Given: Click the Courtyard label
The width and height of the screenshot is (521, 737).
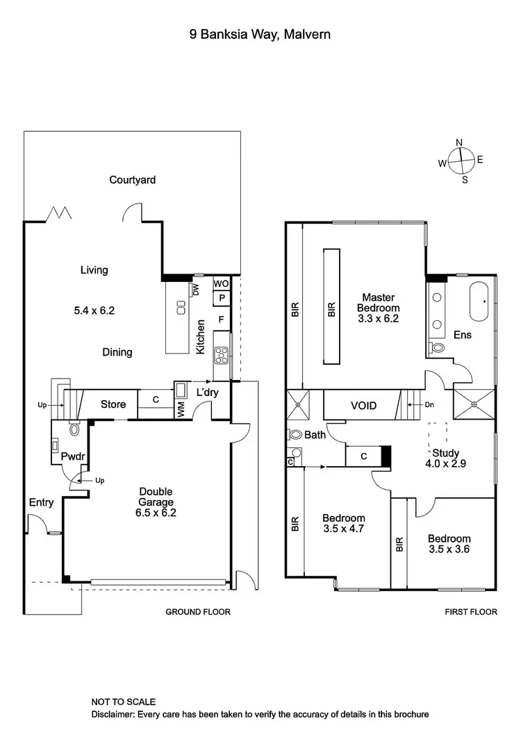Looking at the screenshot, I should [132, 180].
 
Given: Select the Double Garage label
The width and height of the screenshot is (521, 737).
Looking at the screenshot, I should [154, 502].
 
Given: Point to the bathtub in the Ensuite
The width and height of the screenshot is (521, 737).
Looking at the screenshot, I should [481, 301].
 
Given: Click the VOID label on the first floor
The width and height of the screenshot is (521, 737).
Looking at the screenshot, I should [363, 405].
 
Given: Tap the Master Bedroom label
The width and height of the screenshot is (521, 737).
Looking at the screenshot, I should [378, 308].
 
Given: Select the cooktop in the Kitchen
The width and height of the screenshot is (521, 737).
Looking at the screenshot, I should [222, 356].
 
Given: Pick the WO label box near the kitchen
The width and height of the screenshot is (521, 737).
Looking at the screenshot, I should [221, 284].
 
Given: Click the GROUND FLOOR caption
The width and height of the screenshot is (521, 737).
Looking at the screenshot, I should [197, 612].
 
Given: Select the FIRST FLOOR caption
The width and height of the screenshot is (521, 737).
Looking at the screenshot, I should [471, 612].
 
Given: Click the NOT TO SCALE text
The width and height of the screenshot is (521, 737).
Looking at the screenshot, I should [123, 702].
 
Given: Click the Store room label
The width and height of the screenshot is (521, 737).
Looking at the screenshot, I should [113, 404].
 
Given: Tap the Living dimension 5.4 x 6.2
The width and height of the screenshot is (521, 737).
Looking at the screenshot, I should [94, 311].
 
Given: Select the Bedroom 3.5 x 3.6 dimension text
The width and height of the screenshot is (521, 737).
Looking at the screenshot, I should [449, 549].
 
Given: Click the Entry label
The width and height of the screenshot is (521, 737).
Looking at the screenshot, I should [41, 503].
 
